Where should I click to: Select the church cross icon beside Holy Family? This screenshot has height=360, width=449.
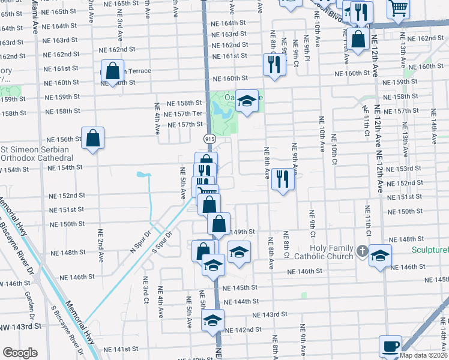(x=362, y=250)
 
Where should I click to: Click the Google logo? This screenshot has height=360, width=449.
(x=19, y=353)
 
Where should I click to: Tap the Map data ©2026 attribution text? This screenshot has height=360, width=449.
(x=423, y=355)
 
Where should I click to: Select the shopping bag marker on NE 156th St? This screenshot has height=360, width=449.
(x=93, y=139)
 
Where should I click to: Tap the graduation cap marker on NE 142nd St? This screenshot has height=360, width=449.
(x=212, y=321)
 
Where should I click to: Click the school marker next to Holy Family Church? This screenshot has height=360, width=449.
(x=380, y=256)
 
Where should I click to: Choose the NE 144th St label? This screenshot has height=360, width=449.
(x=241, y=301)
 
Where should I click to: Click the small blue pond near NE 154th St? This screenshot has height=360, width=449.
(x=143, y=175)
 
